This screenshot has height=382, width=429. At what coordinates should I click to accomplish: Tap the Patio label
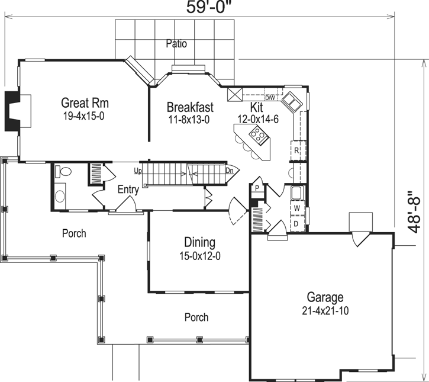(x=176, y=43)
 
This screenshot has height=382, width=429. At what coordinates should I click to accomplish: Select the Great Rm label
(x=85, y=103)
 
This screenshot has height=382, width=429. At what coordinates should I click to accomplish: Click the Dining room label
(x=199, y=242)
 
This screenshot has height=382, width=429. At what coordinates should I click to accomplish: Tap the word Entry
(x=128, y=190)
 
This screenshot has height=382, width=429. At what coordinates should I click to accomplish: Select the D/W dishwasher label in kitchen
(x=270, y=98)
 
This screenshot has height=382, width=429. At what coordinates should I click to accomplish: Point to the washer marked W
(x=297, y=209)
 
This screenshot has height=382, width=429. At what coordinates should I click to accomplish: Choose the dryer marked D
(x=297, y=224)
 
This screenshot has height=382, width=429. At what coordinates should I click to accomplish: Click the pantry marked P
(x=257, y=188)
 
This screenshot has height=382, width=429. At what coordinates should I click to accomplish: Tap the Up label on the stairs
(x=138, y=171)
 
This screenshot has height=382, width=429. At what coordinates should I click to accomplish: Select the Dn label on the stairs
(x=230, y=171)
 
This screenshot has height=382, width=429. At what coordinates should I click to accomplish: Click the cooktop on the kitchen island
(x=259, y=136)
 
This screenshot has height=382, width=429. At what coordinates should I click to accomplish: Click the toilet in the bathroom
(x=64, y=172)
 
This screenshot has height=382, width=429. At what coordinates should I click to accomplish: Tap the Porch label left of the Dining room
(x=74, y=233)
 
